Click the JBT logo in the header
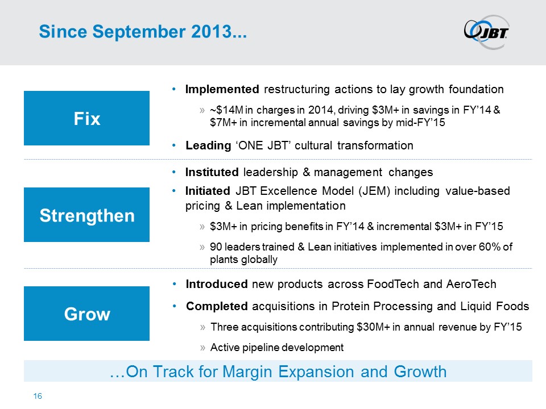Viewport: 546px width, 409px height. click(486, 32)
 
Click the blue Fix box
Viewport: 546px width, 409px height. click(86, 118)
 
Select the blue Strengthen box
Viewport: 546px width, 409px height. click(86, 215)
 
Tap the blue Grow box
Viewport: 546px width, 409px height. click(86, 314)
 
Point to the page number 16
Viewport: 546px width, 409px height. click(38, 396)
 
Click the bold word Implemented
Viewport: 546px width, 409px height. click(222, 89)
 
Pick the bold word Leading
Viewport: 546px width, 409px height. click(208, 145)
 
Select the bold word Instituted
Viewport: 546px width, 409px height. click(212, 172)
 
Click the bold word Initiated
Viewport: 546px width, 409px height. click(208, 191)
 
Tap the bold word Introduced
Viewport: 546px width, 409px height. click(217, 284)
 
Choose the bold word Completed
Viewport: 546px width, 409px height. click(217, 306)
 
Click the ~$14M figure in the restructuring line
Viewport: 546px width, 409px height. click(226, 110)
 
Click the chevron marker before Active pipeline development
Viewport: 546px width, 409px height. click(202, 348)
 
